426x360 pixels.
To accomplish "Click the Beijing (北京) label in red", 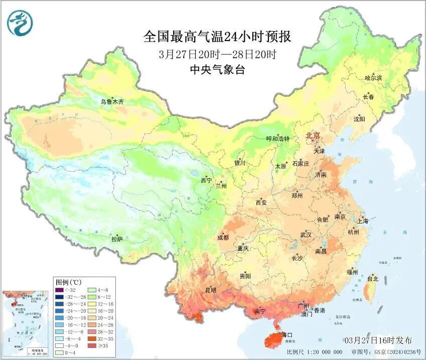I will tap(313, 135).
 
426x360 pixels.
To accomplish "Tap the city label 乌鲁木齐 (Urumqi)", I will tap(111, 102).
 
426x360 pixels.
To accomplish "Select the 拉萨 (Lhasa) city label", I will tap(116, 239).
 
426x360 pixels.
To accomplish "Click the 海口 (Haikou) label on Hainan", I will tap(287, 334).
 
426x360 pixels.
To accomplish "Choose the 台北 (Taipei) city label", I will tap(372, 279).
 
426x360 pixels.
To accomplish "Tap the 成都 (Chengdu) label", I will tap(222, 238).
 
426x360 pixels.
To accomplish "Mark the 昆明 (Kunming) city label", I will tap(210, 290).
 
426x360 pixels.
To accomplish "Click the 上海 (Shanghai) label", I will tap(362, 221).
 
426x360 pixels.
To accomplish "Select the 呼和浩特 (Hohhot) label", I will tap(277, 139).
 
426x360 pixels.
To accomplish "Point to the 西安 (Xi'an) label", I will tap(261, 203).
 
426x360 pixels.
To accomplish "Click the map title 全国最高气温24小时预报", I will tap(217, 37).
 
